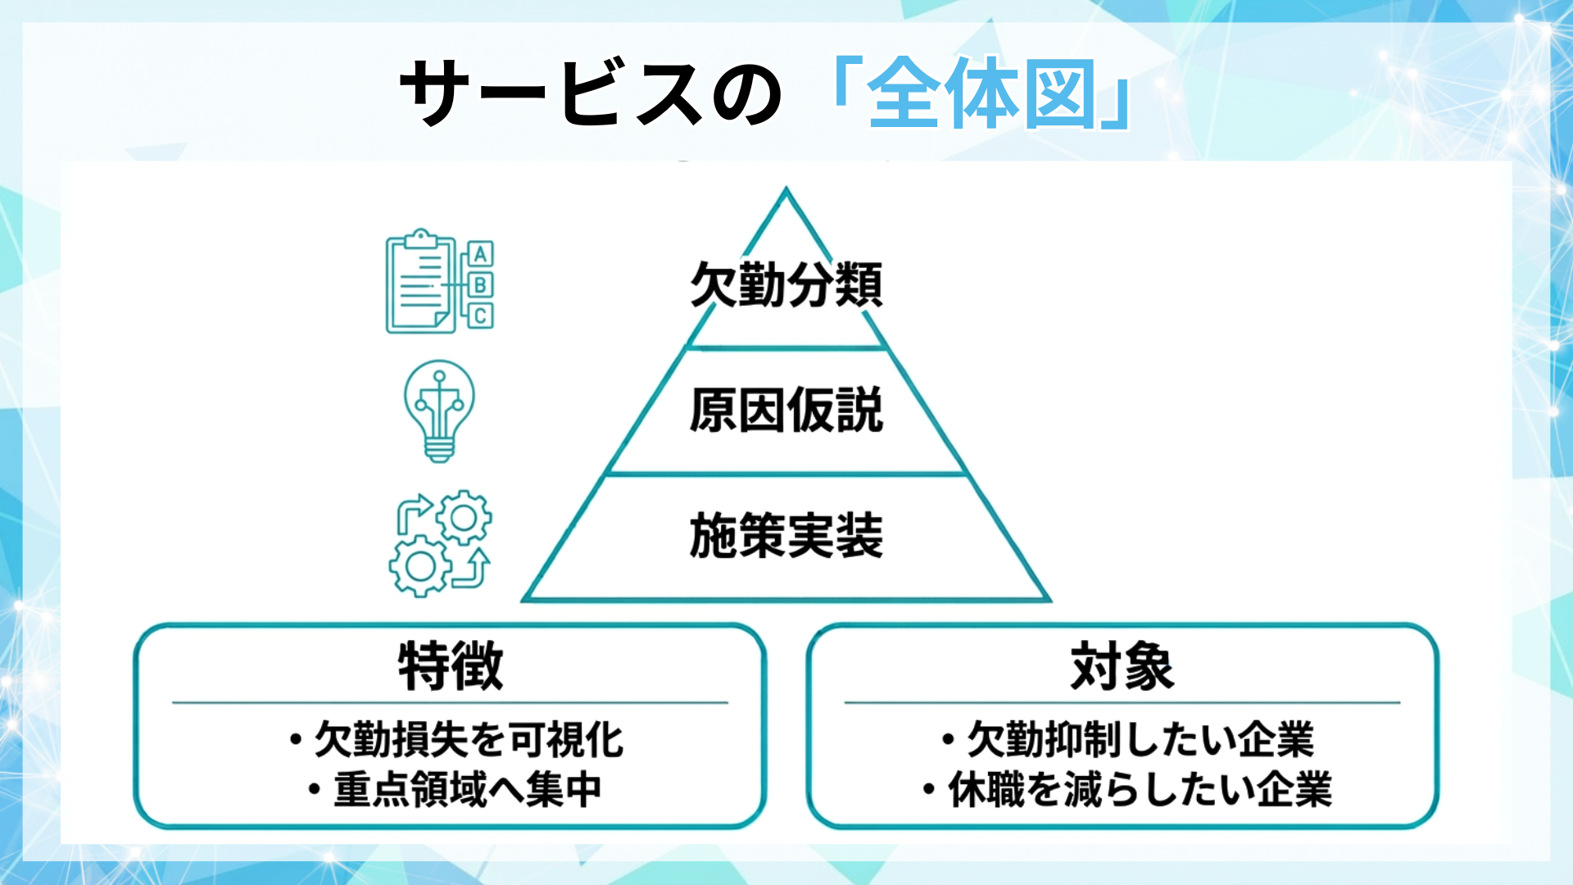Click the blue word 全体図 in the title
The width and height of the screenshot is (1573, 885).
click(981, 94)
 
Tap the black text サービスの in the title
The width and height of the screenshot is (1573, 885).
click(590, 94)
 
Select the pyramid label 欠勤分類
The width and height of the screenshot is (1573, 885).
click(786, 284)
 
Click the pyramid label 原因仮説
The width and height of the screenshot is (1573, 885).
click(786, 410)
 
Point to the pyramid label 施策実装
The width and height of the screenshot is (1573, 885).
click(786, 536)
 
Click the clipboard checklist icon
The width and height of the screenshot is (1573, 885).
click(420, 283)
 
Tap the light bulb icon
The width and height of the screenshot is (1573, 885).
click(439, 411)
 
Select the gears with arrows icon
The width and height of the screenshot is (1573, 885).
click(440, 542)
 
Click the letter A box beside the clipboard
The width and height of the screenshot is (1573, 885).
click(481, 254)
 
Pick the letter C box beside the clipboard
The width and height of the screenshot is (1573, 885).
click(481, 315)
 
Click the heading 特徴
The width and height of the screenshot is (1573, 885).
click(451, 666)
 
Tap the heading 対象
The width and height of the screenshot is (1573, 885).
click(1122, 666)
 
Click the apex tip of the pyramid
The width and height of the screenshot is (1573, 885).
click(786, 191)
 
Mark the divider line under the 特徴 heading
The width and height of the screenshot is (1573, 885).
click(450, 702)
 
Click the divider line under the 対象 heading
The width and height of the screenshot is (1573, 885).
click(1122, 702)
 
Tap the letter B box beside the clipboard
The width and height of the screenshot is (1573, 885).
click(481, 285)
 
